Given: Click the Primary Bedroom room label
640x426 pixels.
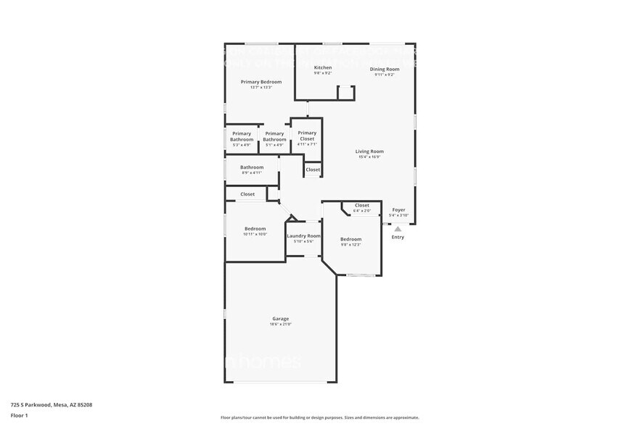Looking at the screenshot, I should (260, 82).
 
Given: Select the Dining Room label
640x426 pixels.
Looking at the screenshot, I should (385, 69).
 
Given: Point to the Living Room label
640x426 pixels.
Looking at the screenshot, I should (369, 151).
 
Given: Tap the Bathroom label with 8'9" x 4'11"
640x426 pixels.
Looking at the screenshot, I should (252, 167).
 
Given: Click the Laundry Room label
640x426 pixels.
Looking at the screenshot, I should (303, 235).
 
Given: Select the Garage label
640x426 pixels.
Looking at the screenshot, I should (280, 319).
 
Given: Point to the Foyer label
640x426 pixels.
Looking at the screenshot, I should (399, 209).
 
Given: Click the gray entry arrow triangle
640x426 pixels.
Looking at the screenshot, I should (398, 229).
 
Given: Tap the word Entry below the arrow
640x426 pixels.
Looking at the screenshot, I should (398, 237).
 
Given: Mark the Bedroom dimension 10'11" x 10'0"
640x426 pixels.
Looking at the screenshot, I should (255, 234).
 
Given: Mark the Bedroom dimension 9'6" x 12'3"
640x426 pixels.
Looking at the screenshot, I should (350, 244).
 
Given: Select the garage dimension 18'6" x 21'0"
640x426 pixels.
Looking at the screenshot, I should (280, 324).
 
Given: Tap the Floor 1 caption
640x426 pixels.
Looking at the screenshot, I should (19, 415).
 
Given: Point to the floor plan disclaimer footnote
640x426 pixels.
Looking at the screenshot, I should (319, 417).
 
